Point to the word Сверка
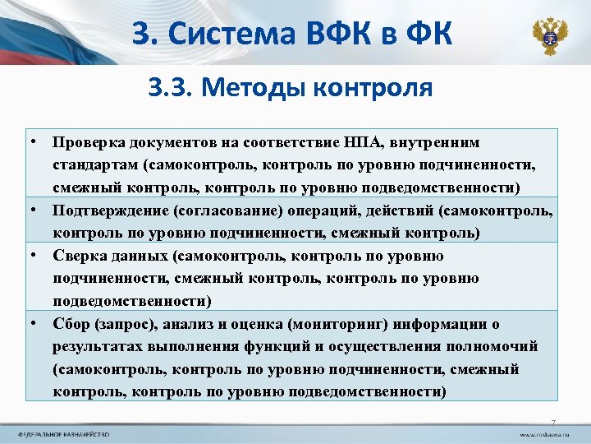tap(79, 256)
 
